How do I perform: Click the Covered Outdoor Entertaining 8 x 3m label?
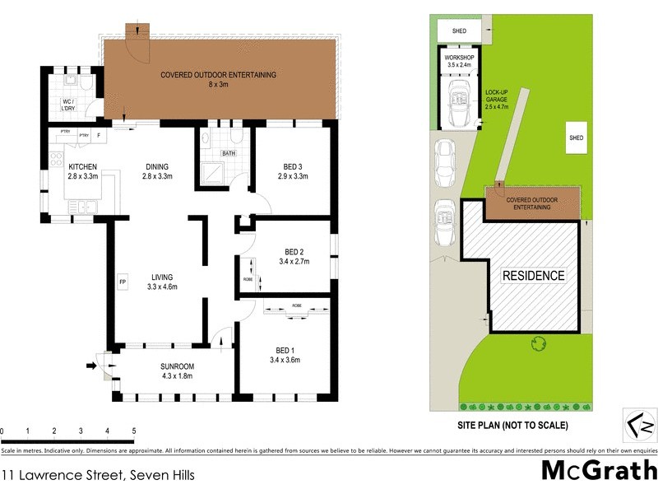(x=218, y=79)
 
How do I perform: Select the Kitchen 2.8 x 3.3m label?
(x=83, y=170)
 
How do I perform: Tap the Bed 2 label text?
(x=294, y=251)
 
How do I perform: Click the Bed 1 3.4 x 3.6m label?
(x=284, y=354)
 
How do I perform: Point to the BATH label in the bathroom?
(x=228, y=152)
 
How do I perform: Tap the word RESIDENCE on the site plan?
(x=533, y=276)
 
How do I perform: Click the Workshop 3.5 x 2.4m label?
(x=461, y=59)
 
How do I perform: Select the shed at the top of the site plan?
(x=460, y=31)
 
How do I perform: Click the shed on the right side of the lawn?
(x=576, y=137)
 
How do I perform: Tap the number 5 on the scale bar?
(x=133, y=431)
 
